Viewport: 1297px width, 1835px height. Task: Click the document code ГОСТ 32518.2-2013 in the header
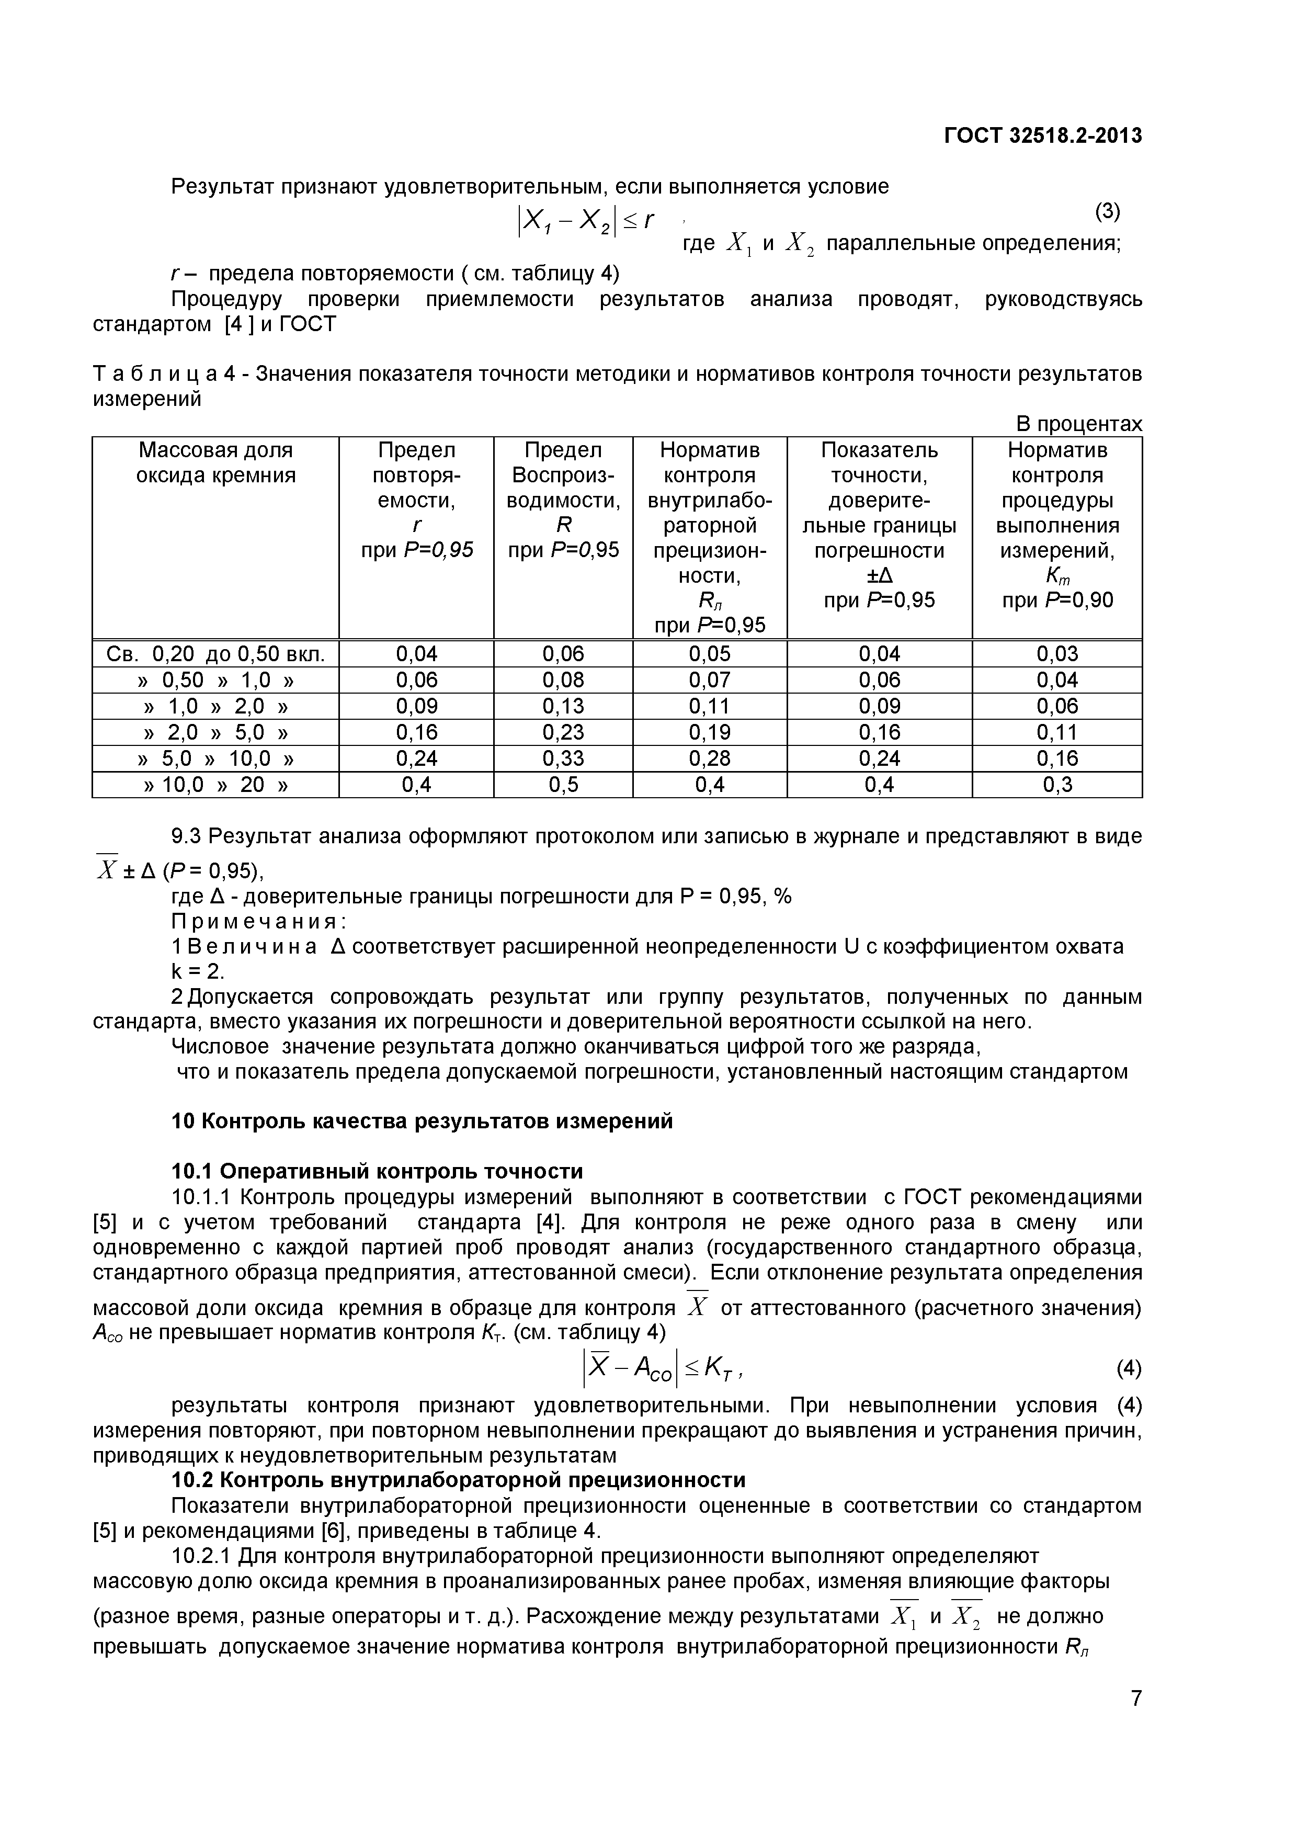(x=1043, y=136)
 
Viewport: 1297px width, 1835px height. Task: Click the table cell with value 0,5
(x=563, y=784)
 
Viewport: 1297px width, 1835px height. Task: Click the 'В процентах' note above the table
(x=1078, y=424)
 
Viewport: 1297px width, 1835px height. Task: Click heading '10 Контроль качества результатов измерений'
(x=422, y=1122)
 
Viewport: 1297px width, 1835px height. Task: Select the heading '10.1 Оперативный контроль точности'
(x=377, y=1172)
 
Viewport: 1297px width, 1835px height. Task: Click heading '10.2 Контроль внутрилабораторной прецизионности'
(x=459, y=1480)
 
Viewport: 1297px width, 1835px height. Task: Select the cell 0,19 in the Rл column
(x=710, y=732)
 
